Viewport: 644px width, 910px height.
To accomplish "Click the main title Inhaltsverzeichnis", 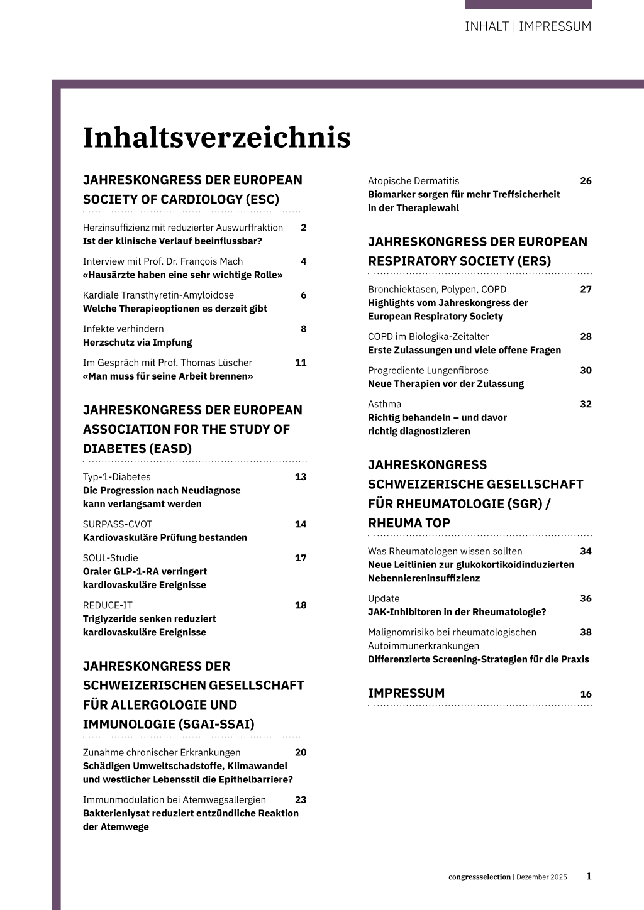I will (216, 138).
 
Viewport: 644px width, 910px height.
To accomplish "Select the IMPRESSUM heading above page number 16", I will (406, 693).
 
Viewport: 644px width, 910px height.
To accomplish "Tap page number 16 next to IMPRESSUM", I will (586, 694).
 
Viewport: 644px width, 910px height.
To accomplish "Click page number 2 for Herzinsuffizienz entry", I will (303, 227).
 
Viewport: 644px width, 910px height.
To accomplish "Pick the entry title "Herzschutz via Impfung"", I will (137, 343).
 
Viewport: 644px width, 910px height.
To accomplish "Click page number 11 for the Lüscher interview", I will (301, 363).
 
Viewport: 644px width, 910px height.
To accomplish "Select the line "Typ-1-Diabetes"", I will (116, 477).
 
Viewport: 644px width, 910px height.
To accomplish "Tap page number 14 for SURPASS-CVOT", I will (301, 524).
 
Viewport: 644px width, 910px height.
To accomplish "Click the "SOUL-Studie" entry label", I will (110, 558).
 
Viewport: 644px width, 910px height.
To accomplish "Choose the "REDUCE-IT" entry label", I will (108, 605).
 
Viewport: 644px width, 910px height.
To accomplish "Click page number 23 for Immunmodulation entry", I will (301, 800).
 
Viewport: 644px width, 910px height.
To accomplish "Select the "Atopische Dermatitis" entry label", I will (413, 181).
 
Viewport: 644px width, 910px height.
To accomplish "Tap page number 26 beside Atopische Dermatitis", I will (586, 181).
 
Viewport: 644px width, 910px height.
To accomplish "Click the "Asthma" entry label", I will (384, 404).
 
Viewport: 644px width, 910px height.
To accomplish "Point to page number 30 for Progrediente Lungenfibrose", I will (586, 371).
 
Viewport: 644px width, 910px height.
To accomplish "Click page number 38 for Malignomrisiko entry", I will (586, 632).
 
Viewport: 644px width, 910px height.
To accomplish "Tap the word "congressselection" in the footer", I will (479, 877).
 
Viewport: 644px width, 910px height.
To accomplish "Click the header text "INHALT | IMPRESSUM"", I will (528, 26).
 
